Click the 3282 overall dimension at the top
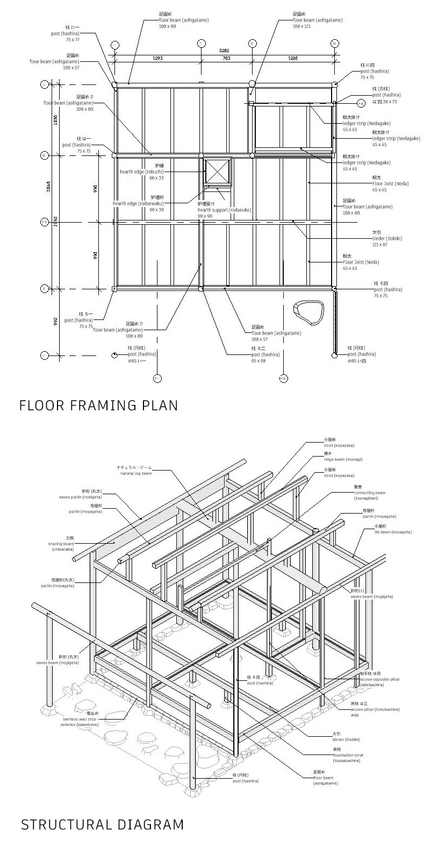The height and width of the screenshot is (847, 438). [224, 50]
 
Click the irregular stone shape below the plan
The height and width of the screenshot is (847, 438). [308, 313]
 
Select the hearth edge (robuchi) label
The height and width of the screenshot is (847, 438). [142, 172]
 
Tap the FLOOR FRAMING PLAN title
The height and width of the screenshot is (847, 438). [98, 405]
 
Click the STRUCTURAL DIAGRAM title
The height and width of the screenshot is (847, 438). [102, 824]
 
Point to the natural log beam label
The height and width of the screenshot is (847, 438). [135, 471]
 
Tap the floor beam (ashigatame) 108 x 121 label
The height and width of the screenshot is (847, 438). [317, 20]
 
